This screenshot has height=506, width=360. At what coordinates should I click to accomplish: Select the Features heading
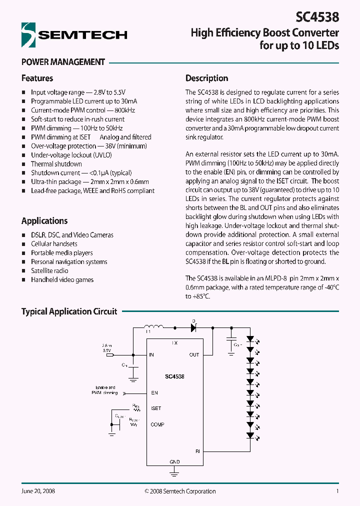(x=37, y=78)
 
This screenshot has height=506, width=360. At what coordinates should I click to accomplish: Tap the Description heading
(x=206, y=78)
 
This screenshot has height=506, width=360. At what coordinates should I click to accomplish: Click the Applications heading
(x=44, y=221)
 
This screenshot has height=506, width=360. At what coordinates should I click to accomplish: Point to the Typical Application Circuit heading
(x=69, y=311)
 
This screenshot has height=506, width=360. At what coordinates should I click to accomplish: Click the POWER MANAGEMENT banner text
(x=63, y=62)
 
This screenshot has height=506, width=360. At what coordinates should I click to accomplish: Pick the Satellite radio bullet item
(x=49, y=271)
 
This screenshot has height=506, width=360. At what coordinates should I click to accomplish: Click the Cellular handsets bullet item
(x=54, y=244)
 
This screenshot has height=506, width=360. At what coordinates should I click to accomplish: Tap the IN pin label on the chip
(x=151, y=355)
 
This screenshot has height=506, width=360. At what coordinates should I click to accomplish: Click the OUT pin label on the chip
(x=194, y=355)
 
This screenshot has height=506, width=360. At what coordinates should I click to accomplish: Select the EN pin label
(x=154, y=393)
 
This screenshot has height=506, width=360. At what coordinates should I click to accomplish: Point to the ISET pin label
(x=156, y=408)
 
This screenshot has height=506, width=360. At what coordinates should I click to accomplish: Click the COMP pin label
(x=157, y=424)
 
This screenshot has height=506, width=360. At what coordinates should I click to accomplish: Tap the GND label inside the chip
(x=174, y=462)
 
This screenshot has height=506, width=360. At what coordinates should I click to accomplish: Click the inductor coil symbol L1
(x=153, y=327)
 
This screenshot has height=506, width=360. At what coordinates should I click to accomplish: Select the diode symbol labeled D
(x=193, y=328)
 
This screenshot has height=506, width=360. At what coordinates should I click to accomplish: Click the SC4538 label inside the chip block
(x=174, y=376)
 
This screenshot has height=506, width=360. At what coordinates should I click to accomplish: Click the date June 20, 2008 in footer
(x=38, y=491)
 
